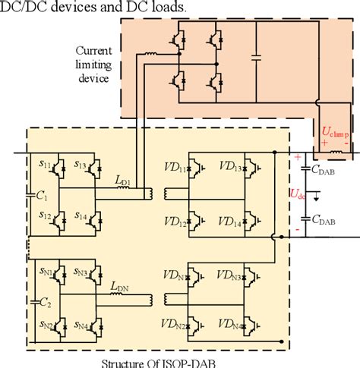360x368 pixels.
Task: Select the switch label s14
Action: [x=79, y=216]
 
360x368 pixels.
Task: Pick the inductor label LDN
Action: [x=120, y=287]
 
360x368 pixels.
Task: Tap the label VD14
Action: [x=231, y=221]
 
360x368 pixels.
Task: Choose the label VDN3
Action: [x=232, y=271]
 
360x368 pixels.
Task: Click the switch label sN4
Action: [x=80, y=328]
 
